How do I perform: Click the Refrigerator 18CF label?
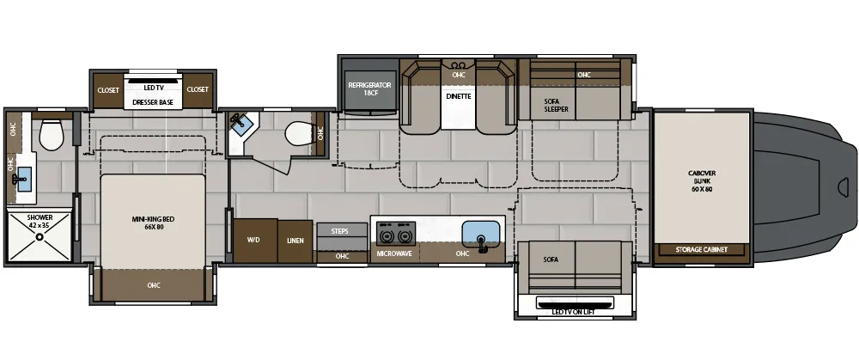click(369, 88)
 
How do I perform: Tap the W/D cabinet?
click(255, 241)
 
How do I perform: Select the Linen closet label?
click(295, 241)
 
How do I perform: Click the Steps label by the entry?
click(339, 231)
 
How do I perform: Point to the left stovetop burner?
click(387, 236)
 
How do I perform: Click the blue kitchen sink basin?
click(481, 234)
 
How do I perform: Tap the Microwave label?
click(394, 253)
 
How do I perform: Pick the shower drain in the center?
click(40, 237)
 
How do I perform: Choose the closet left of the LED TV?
click(108, 90)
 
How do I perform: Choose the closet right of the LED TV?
click(198, 90)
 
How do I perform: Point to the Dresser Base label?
click(153, 102)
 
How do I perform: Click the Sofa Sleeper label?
click(556, 105)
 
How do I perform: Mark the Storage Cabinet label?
click(701, 250)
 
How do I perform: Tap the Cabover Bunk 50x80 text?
click(702, 181)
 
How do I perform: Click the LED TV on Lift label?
click(575, 313)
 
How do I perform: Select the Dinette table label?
click(458, 96)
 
